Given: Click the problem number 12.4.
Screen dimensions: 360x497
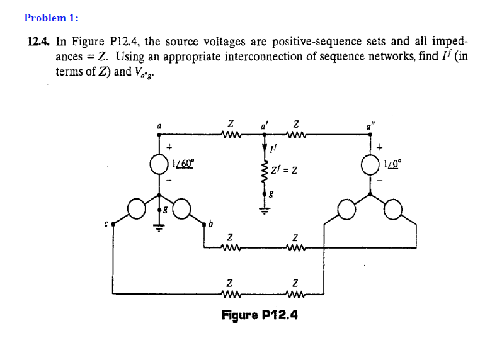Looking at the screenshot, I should (x=38, y=42).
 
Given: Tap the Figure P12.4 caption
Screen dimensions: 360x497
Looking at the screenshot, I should (x=260, y=313).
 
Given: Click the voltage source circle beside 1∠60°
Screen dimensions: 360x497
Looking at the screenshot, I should (x=158, y=164).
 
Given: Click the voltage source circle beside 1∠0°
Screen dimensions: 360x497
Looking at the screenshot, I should (x=370, y=163).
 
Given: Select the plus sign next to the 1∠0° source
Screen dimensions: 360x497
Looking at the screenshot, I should (x=380, y=148).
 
